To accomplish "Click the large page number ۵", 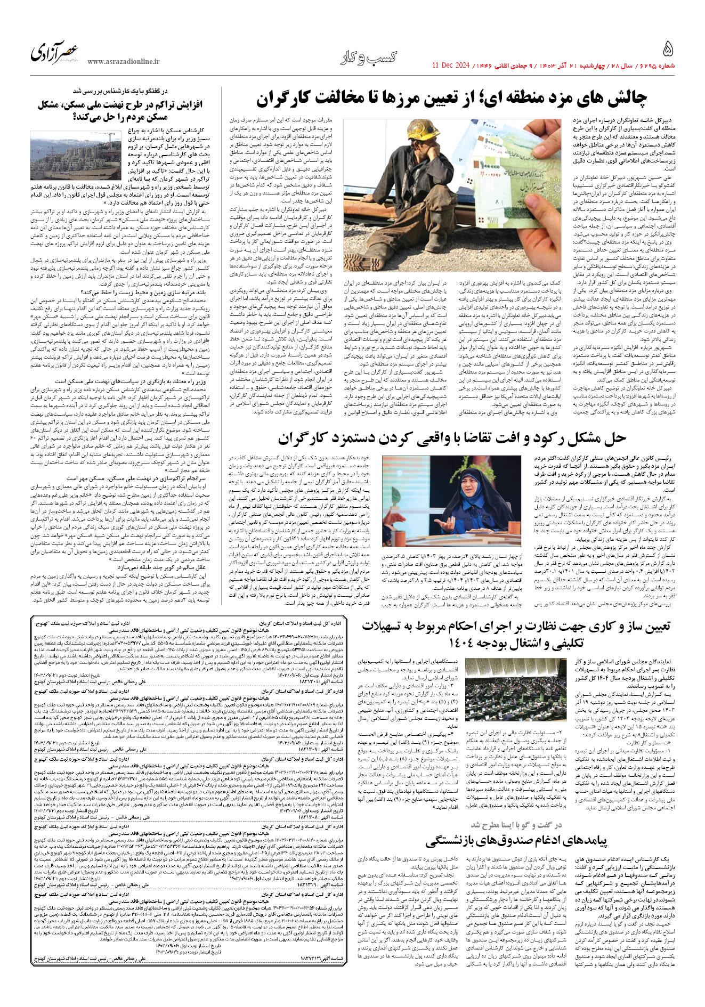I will point(667,50).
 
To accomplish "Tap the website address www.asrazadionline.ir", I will point(123,62).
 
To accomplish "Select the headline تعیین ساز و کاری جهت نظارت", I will point(516,635).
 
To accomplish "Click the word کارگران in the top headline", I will point(289,100).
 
